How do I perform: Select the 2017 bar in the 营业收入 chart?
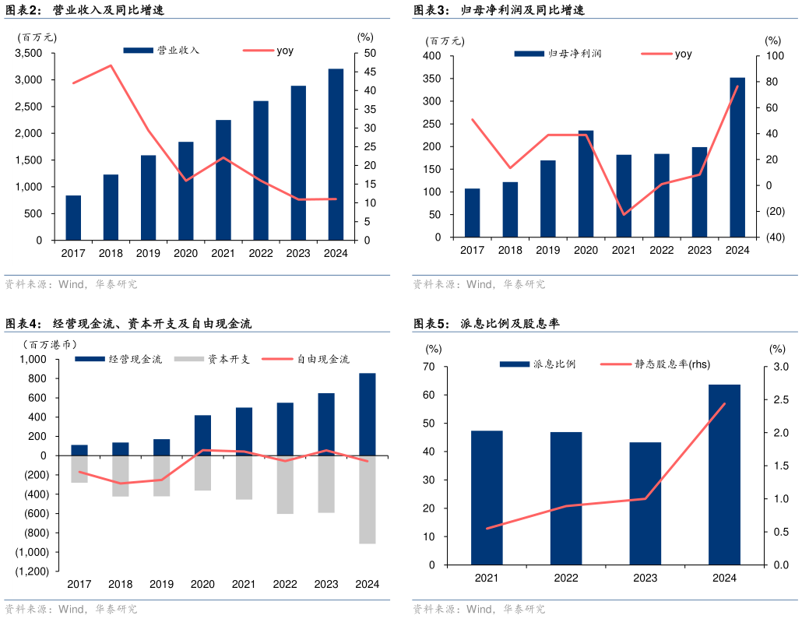[x=73, y=217]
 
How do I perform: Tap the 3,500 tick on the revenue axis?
[x=29, y=53]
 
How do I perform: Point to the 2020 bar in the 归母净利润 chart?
[x=586, y=184]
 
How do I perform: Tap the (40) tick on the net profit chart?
[x=773, y=237]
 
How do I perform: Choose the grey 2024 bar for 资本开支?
[x=367, y=499]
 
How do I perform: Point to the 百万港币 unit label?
[x=49, y=344]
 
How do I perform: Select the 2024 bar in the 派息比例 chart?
[x=724, y=474]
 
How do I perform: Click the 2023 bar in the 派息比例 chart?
[x=645, y=503]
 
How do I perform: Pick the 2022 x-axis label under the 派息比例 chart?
[x=566, y=578]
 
